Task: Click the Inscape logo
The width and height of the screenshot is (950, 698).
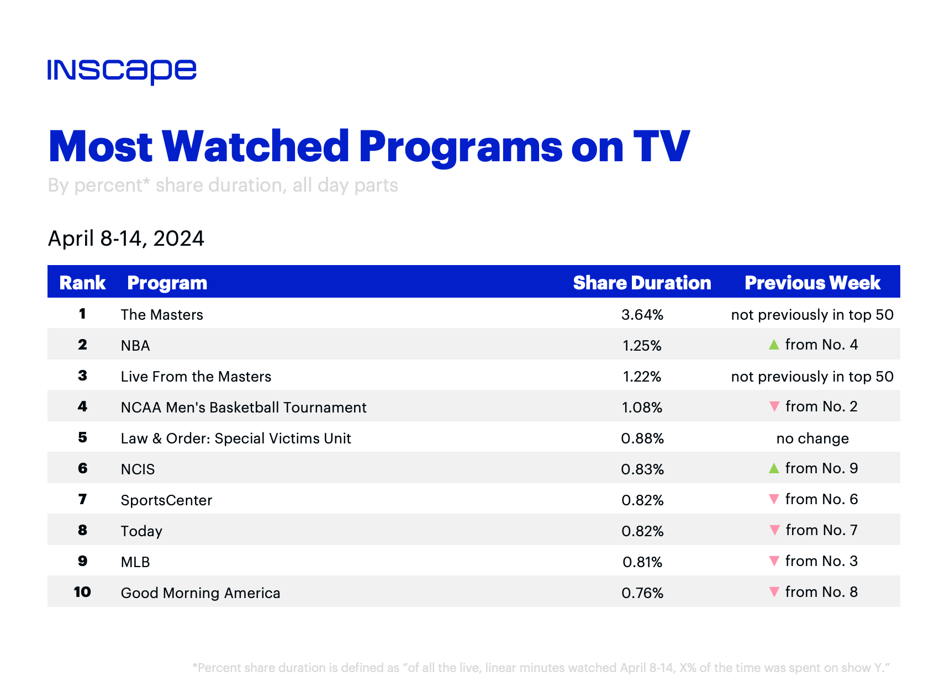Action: point(122,72)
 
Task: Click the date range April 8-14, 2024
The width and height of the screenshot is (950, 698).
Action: point(126,239)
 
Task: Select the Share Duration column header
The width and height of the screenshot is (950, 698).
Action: point(642,283)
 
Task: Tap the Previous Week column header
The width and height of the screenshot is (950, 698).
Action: point(812,283)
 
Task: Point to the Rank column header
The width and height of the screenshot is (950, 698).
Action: point(82,283)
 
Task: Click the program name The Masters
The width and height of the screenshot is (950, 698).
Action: point(162,315)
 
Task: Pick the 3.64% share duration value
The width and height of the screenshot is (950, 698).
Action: point(642,315)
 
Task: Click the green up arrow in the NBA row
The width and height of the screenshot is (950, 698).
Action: point(774,345)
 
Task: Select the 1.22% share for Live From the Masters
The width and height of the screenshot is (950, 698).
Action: point(642,377)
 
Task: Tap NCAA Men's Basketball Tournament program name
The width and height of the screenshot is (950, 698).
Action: point(244,408)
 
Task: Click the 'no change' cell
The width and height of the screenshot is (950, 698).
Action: point(812,438)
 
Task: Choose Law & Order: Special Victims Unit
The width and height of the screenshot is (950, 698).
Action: point(236,438)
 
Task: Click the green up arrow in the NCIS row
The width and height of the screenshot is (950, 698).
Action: point(774,468)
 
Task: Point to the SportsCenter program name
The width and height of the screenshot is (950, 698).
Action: point(166,500)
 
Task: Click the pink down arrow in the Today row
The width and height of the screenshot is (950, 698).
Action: point(774,530)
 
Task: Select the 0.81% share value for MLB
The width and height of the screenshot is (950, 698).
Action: point(642,562)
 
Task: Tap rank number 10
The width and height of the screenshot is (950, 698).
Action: point(82,592)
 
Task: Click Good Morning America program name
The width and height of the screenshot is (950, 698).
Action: point(200,593)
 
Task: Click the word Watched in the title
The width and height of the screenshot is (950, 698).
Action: point(256,146)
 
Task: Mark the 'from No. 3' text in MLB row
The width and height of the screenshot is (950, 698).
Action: point(821,561)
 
